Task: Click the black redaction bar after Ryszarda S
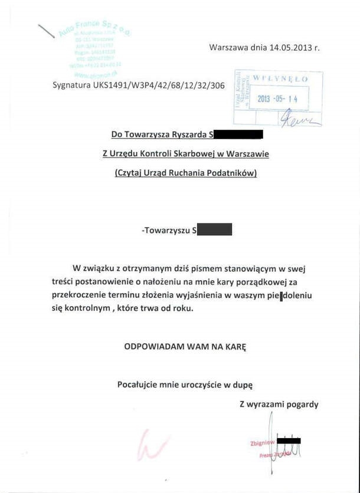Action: (238, 134)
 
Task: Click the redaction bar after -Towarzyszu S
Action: (214, 229)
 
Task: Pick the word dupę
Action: (243, 384)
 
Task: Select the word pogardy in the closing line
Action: (302, 404)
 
